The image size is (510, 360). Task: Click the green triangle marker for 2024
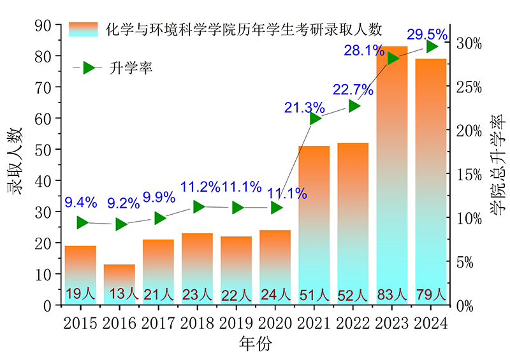click(432, 47)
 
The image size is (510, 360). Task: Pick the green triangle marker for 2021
click(315, 119)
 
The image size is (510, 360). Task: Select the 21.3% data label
click(305, 108)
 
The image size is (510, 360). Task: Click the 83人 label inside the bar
click(391, 294)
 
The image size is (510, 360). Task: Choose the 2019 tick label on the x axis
click(237, 323)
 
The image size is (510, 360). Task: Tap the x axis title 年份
click(255, 345)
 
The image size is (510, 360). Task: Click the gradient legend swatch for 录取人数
click(84, 29)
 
